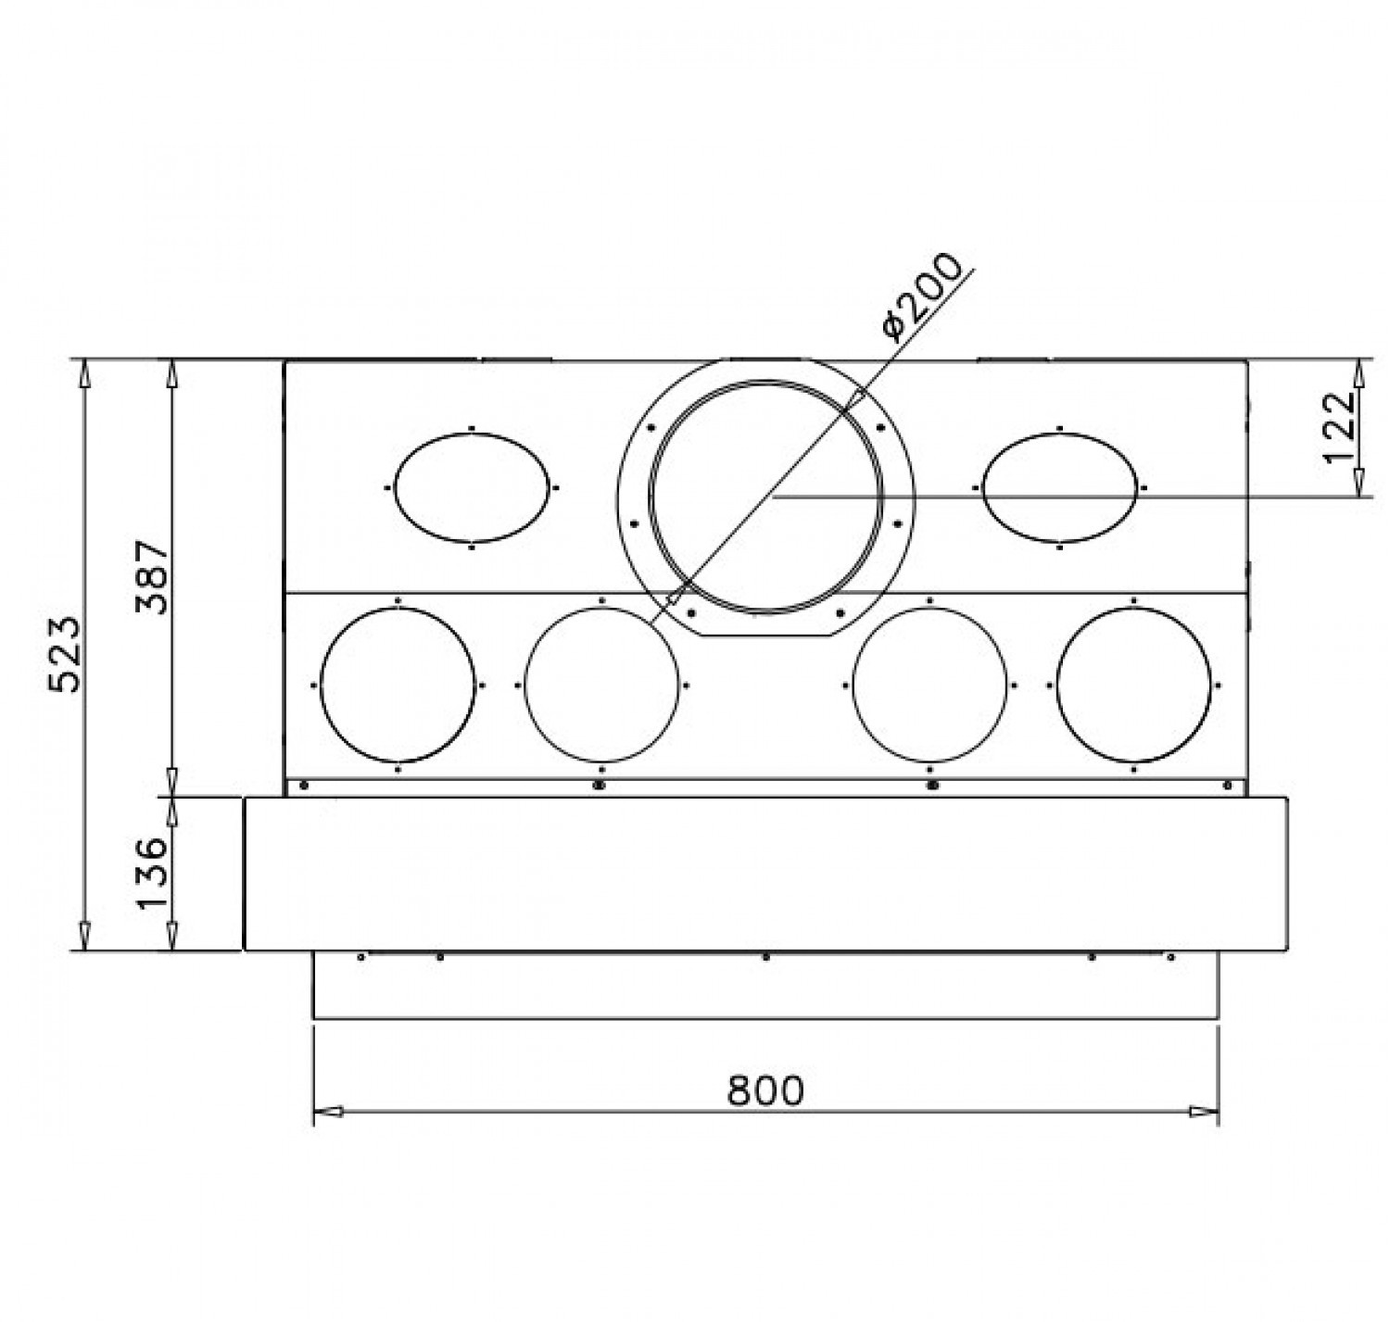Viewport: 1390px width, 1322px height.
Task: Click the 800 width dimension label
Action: pos(765,1090)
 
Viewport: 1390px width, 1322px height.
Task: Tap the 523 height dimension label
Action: pos(66,653)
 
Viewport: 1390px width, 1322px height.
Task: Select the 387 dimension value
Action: pos(152,576)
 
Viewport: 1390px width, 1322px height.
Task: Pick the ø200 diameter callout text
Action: pos(922,296)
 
